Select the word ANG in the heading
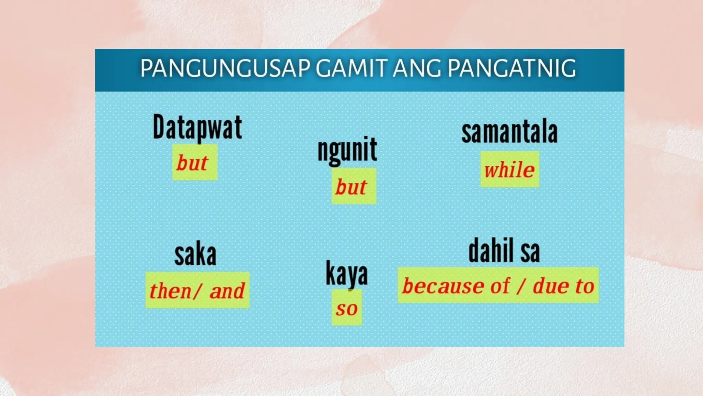417,68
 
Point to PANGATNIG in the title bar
512,68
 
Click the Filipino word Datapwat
197,128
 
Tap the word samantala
509,132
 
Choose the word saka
195,255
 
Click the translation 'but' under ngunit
351,187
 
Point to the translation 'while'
509,170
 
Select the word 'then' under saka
170,291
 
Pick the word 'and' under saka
227,291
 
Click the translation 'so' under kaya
347,308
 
